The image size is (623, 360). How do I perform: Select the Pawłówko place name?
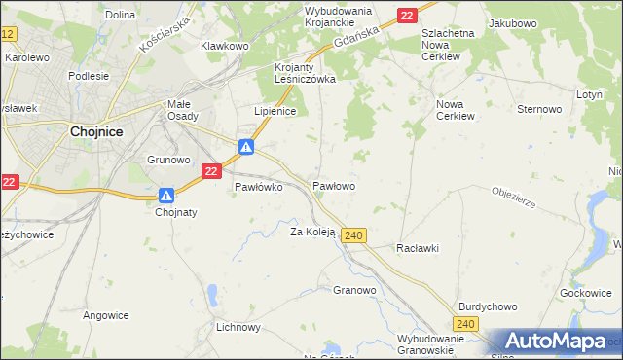258,188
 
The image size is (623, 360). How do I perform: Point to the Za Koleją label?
312,232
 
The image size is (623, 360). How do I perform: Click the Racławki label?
418,248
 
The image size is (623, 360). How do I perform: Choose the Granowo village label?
354,290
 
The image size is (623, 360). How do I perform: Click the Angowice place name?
106,314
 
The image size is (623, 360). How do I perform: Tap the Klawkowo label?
225,46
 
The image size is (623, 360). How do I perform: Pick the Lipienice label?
275,111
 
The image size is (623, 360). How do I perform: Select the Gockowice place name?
585,293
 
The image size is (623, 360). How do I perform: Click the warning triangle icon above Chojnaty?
166,195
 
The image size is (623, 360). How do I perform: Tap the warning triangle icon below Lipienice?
247,147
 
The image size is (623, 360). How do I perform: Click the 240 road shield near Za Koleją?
353,236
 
